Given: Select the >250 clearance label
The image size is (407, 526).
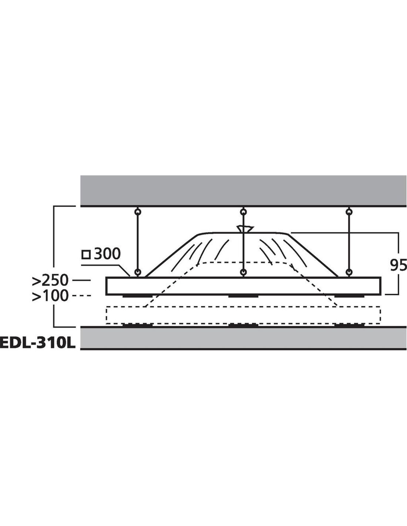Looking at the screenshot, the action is point(50,280).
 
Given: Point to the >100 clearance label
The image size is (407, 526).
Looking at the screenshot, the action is point(50,296).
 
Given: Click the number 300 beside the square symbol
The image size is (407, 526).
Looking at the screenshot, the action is point(107,254).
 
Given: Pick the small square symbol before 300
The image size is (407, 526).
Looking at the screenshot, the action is point(86,255).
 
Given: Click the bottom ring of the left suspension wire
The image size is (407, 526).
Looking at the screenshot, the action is point(138,272).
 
